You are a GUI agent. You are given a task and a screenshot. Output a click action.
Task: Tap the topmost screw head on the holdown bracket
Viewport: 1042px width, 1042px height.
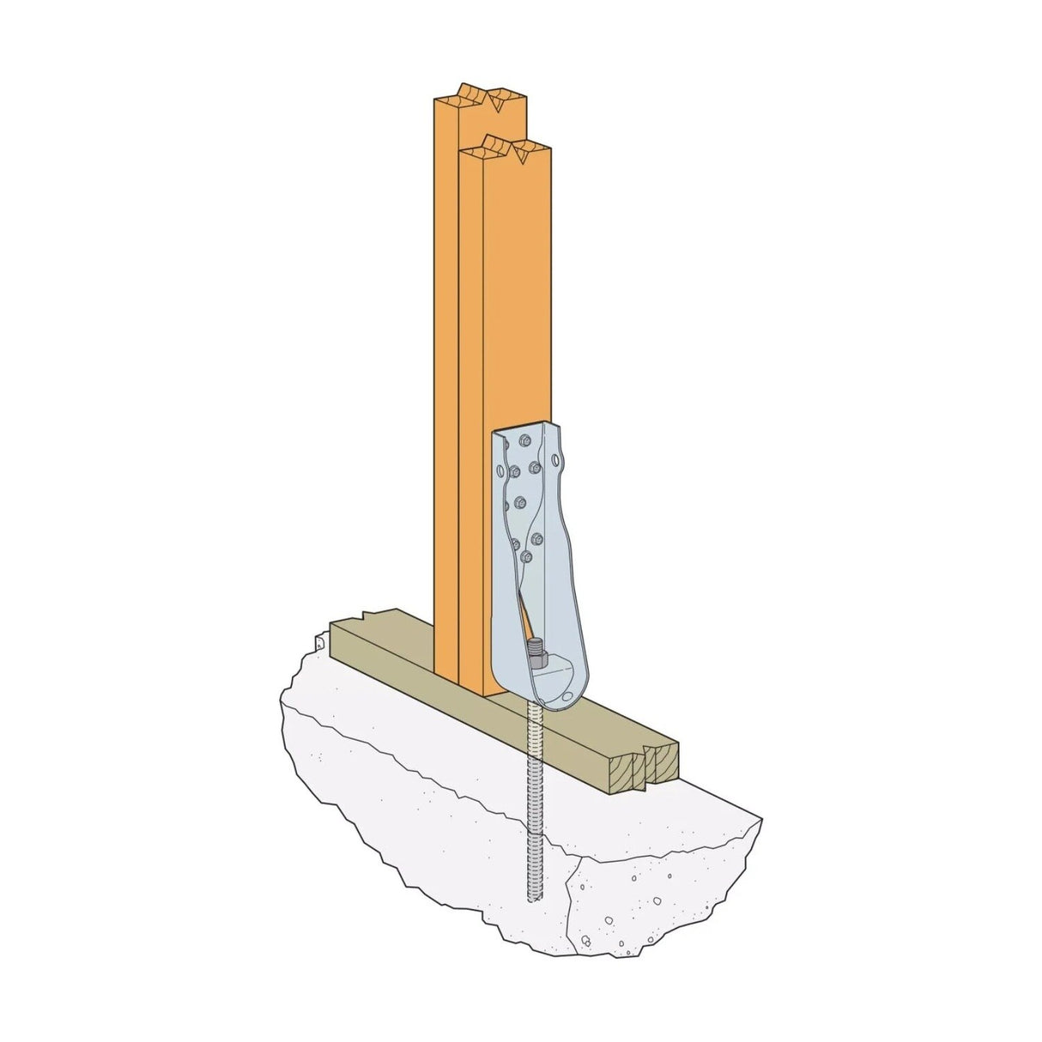(524, 443)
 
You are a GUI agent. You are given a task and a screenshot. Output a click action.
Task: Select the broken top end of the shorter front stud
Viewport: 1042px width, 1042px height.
(506, 148)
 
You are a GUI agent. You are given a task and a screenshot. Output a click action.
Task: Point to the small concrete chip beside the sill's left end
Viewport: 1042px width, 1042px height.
(318, 642)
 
